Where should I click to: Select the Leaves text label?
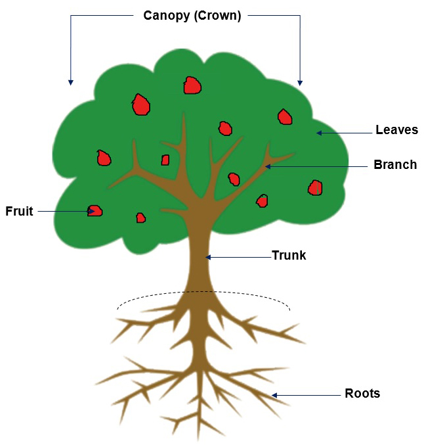point(396,130)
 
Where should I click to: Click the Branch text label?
point(395,165)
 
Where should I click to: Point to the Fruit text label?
point(19,212)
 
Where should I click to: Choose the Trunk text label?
point(289,255)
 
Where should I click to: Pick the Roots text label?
point(362,394)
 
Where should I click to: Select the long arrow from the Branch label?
point(315,167)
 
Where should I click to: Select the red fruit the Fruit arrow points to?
point(95,211)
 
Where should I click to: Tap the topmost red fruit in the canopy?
point(192,85)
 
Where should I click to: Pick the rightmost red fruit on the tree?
point(315,188)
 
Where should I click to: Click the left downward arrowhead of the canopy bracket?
point(70,82)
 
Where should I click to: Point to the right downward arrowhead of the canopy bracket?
point(300,82)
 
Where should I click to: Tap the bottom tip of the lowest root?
point(198,439)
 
